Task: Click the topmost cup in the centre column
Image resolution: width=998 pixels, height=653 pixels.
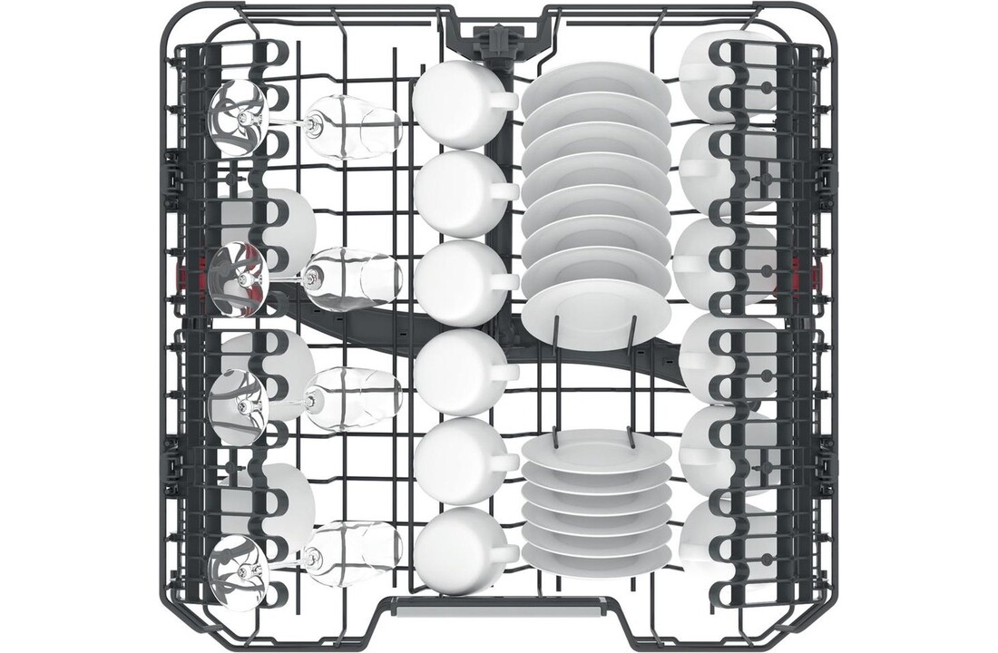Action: point(458,102)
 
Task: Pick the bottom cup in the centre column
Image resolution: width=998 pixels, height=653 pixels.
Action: point(458,551)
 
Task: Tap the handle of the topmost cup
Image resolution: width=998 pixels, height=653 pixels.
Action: point(504,101)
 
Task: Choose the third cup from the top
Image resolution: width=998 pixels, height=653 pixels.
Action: point(458,282)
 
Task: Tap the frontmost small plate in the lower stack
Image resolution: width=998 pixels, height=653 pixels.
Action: point(596,451)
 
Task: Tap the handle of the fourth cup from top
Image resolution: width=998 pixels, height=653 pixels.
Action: point(504,371)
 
